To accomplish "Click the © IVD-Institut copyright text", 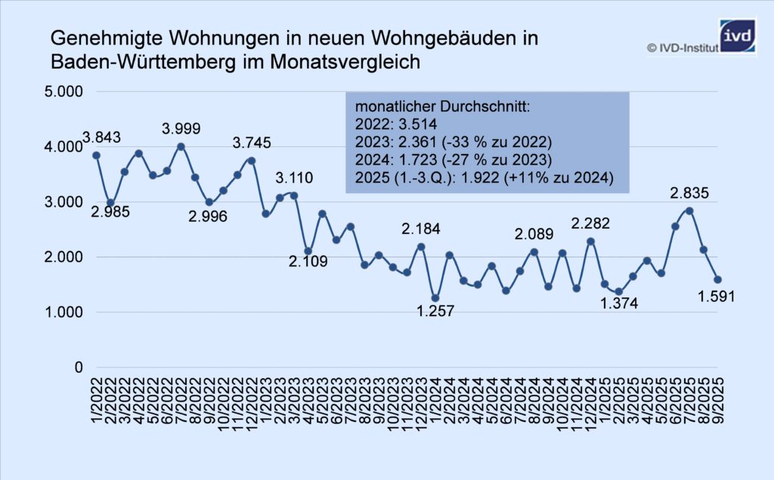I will pos(683,48).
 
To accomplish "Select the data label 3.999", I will pos(181,129).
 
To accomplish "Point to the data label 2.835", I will pos(689,194).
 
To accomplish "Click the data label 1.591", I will pos(716,297).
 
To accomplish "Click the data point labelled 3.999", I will pos(181,146).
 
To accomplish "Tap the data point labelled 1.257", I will pos(435,298).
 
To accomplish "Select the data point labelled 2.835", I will pos(689,211).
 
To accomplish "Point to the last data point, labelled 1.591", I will pos(717,279).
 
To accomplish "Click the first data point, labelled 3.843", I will pos(96,155).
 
